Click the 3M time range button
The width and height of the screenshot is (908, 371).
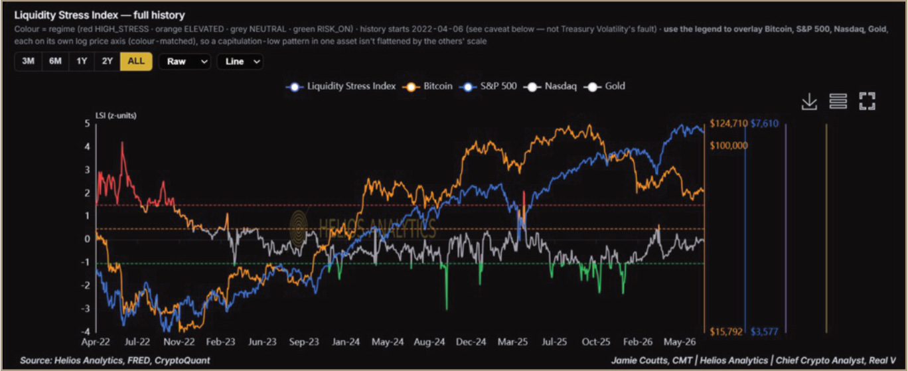coord(28,62)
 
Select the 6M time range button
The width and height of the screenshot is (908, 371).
coord(55,62)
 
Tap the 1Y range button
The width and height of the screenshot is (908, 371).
coord(82,62)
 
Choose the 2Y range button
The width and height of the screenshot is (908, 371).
coord(107,62)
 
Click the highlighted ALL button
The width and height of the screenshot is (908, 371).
coord(136,62)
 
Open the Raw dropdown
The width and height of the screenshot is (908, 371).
coord(185,62)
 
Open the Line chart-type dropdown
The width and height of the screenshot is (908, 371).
coord(240,62)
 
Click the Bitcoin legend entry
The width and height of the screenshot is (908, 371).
coord(427,86)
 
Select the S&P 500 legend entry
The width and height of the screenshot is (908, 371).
coord(488,86)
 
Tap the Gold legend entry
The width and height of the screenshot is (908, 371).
coord(605,86)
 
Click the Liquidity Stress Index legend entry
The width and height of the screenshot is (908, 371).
coord(341,86)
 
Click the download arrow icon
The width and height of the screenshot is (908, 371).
coord(809,102)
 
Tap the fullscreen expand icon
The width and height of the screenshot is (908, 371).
coord(867,102)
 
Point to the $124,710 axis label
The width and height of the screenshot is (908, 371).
coord(728,123)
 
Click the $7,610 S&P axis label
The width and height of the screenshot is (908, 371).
coord(765,123)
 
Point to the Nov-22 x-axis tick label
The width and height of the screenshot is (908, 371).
coord(179,342)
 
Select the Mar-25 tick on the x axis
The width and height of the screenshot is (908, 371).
coord(513,342)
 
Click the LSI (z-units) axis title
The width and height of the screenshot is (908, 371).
coord(116,115)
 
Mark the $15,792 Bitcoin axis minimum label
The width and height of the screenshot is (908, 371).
coord(726,332)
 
